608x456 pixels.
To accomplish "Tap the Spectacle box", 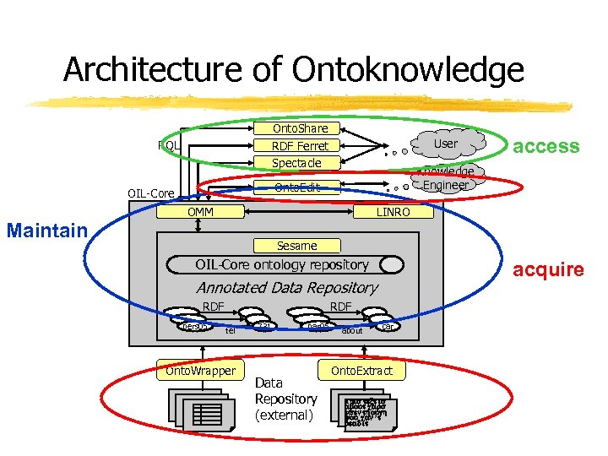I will [296, 162].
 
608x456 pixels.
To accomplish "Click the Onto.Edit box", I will [296, 186].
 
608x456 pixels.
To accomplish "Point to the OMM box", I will [200, 212].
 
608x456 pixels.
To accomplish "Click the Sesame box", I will [296, 246].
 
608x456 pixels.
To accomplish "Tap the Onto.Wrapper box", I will [200, 371].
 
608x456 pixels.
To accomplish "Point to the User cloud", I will [444, 144].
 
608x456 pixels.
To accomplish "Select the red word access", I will [546, 146].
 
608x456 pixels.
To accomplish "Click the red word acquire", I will [549, 269].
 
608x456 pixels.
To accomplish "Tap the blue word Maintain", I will [46, 230].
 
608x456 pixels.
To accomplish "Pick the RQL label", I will [169, 145].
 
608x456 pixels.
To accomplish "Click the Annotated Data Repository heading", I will [286, 288].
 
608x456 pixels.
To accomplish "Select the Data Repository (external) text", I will [285, 399].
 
